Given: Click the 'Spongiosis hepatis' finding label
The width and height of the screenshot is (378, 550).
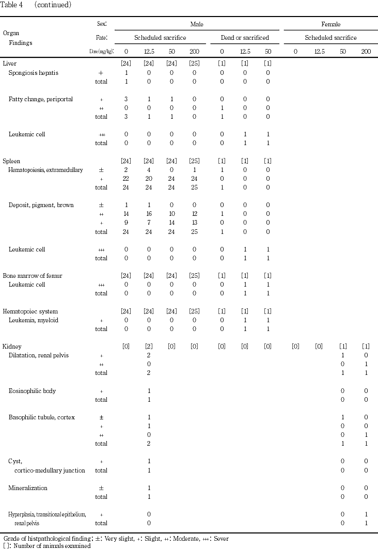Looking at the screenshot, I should (34, 73).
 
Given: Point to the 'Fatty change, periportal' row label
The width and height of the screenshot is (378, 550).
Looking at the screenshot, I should (41, 99).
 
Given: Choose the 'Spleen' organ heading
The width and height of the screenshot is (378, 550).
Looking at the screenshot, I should (12, 161).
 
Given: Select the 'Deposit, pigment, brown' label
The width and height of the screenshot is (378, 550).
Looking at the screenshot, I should (41, 205).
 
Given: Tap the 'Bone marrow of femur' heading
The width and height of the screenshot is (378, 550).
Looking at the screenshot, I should (33, 276).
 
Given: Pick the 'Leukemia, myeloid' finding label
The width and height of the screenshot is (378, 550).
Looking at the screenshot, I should (34, 320).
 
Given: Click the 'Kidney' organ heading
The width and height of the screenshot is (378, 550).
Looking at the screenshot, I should (12, 347).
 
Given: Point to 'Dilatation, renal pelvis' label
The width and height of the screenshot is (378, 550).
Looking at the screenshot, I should (39, 355).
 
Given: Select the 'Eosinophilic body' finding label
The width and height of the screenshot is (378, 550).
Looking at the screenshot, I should (33, 391).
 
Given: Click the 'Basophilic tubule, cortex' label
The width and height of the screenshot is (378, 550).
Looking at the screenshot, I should (42, 417).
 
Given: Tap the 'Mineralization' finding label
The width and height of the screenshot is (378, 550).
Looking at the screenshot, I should (28, 488).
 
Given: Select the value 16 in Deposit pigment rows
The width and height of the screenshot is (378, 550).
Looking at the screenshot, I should (149, 214).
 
